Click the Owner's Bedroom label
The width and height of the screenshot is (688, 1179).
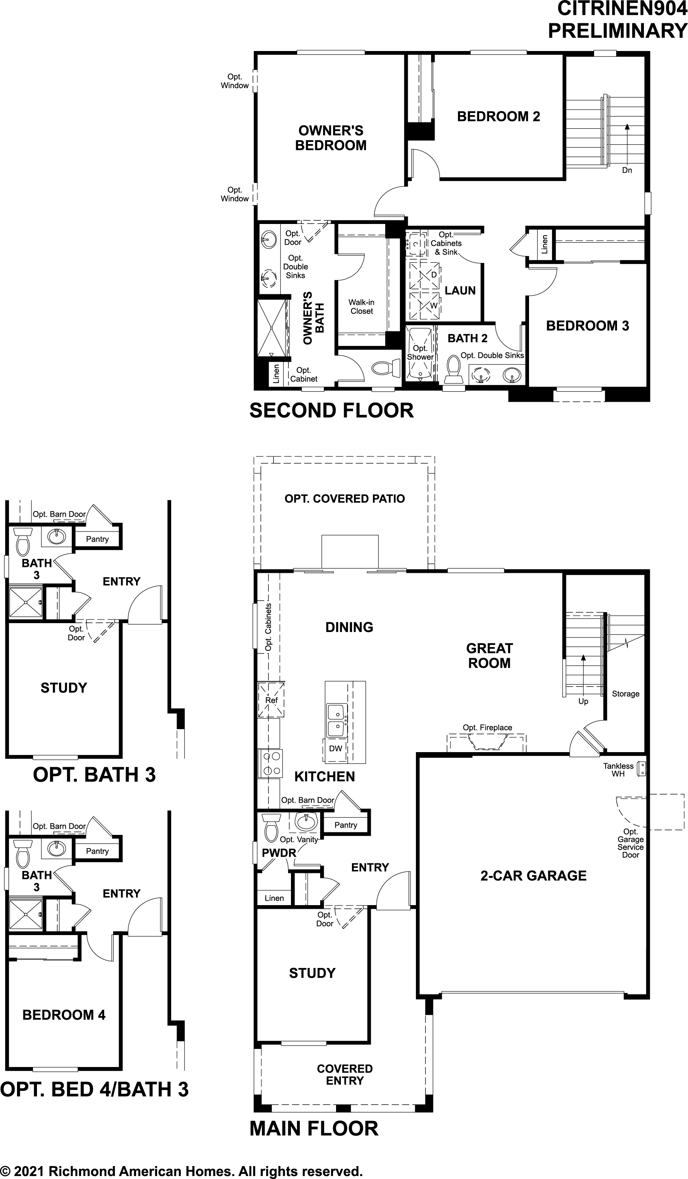331,138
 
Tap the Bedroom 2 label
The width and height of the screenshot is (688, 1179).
498,116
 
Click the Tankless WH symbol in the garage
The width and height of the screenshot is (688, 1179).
643,769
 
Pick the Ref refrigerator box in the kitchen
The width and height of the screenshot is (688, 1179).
271,700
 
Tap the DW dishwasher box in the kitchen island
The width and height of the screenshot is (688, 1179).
336,748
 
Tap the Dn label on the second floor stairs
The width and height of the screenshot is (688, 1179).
627,170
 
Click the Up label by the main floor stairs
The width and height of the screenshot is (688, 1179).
583,701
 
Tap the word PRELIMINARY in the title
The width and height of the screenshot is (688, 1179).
617,31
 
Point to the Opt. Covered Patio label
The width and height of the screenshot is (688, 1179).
345,499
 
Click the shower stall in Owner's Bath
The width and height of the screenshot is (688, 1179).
271,329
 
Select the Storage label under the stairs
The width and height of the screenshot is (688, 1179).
626,694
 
